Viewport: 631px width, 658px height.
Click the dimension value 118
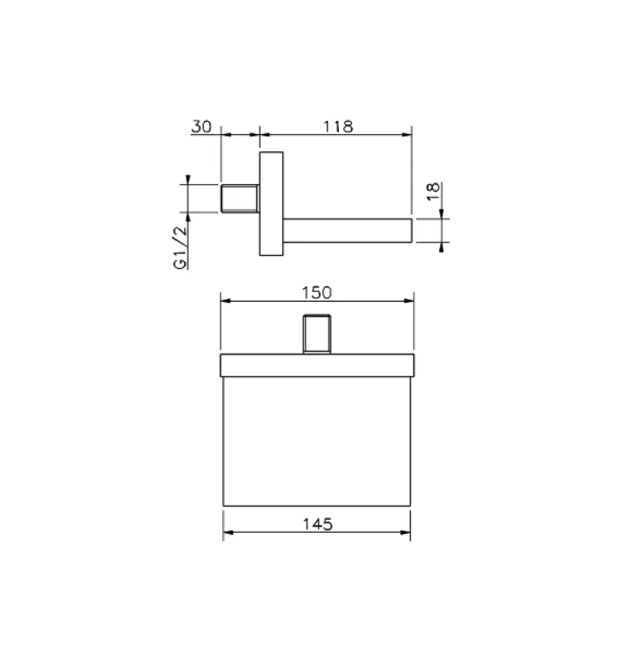[337, 127]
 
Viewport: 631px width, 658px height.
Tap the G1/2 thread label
[180, 247]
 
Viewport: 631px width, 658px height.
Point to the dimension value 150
[317, 292]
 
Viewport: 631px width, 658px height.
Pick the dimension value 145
[317, 524]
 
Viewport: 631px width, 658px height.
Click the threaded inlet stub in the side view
[240, 198]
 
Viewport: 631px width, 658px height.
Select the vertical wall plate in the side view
[271, 203]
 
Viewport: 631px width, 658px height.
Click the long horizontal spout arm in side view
[346, 231]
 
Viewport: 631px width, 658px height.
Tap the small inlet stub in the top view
[317, 334]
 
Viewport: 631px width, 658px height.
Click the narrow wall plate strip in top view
[317, 364]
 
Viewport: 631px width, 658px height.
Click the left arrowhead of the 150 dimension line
[225, 302]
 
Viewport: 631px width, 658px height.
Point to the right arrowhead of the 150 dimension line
[410, 302]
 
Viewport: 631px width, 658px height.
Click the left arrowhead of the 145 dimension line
[228, 534]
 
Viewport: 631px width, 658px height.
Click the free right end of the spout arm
[409, 231]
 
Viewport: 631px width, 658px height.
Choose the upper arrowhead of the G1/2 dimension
[188, 180]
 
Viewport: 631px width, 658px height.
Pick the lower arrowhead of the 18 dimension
[442, 247]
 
